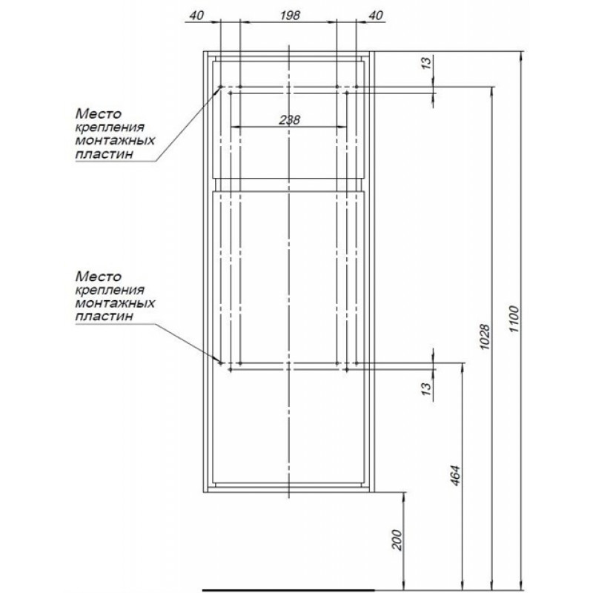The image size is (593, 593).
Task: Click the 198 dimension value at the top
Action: (290, 15)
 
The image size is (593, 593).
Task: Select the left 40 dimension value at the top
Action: (196, 15)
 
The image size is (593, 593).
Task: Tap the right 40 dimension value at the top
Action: (376, 15)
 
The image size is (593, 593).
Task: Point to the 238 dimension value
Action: (289, 120)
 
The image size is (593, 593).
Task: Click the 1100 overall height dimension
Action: (514, 319)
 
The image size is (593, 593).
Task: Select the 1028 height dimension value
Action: (485, 337)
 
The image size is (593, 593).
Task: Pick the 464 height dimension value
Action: (456, 475)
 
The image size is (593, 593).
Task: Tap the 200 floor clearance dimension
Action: (397, 540)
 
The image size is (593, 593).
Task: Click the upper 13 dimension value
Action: (426, 62)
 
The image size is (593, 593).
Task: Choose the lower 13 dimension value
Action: (426, 388)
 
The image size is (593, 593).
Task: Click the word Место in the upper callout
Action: (99, 113)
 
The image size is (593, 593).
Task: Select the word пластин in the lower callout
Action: (105, 317)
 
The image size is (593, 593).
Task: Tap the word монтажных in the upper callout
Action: (115, 140)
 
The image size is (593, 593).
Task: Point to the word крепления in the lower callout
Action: (110, 290)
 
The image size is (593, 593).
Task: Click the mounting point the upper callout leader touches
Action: (221, 87)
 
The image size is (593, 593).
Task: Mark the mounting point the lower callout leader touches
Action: (221, 363)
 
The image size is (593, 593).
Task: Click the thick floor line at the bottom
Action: (288, 590)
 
